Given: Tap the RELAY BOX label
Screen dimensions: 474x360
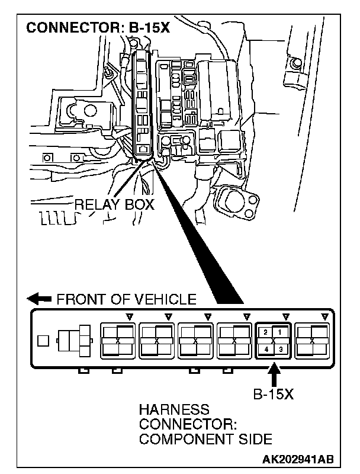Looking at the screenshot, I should click(x=114, y=205).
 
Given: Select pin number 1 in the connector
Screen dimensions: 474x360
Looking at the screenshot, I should click(x=280, y=332).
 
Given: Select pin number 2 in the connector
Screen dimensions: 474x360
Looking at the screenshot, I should click(x=266, y=332).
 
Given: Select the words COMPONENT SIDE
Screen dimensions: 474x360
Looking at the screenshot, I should click(x=205, y=439).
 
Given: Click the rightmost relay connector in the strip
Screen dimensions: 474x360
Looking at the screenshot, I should click(x=313, y=341).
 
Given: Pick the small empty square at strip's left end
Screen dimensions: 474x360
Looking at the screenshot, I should click(x=42, y=341).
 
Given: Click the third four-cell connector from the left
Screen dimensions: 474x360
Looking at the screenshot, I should click(x=195, y=341).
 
